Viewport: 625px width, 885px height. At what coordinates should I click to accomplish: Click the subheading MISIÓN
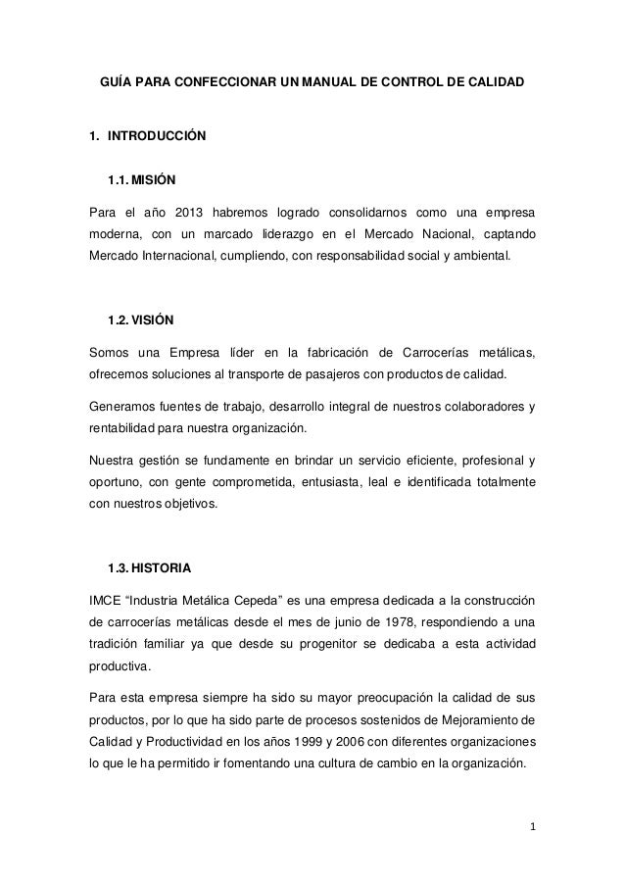[x=154, y=180]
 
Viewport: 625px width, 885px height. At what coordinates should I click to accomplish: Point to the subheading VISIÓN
[x=154, y=321]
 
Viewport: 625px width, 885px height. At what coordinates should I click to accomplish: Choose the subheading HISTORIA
[x=163, y=567]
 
